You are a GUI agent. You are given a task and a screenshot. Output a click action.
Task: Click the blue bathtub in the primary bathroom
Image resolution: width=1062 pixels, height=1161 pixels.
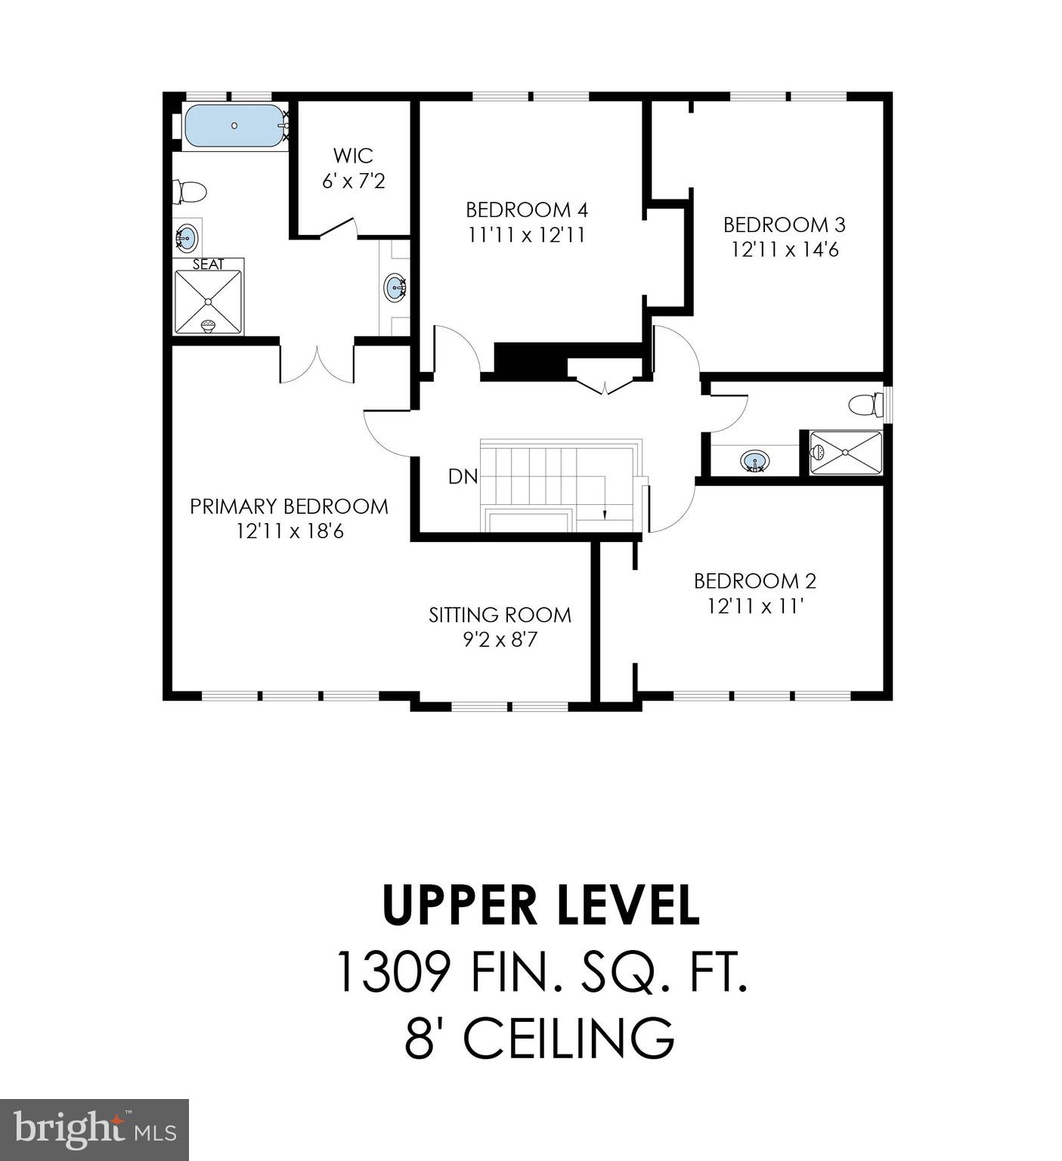tap(233, 125)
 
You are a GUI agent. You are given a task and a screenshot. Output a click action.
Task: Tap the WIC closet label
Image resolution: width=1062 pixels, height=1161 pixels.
tap(353, 156)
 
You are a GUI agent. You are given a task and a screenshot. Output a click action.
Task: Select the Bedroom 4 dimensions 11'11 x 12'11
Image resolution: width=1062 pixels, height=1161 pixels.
tap(526, 235)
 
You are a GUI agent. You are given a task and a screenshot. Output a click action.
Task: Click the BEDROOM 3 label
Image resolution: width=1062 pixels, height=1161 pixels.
tap(784, 224)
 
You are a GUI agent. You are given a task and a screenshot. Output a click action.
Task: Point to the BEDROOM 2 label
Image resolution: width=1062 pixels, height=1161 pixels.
tap(754, 580)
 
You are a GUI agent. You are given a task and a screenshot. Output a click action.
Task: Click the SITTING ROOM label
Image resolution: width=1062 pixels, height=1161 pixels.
tap(500, 615)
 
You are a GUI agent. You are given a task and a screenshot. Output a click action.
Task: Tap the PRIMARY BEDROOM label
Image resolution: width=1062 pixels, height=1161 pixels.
tap(289, 506)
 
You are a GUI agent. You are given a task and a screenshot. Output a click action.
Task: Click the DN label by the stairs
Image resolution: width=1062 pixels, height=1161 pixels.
tap(463, 476)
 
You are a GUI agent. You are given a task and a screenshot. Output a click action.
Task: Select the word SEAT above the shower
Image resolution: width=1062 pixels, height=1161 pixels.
tap(208, 265)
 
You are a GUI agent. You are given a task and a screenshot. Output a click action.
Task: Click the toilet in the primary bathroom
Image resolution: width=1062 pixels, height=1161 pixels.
tap(190, 191)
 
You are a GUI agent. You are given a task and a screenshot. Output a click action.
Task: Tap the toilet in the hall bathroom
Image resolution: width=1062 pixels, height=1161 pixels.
tap(866, 405)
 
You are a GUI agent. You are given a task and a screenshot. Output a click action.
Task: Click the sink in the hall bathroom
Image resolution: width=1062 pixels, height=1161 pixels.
tap(754, 460)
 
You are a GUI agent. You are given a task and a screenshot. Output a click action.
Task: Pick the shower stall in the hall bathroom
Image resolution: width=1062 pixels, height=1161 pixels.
tap(846, 453)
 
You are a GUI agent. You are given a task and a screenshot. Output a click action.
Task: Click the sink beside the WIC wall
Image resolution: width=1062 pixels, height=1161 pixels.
tap(395, 288)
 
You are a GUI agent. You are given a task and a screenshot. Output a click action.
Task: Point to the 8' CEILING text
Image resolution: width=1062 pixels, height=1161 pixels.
tap(539, 1038)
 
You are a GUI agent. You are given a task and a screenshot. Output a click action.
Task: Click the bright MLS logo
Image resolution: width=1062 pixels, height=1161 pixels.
tap(94, 1130)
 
